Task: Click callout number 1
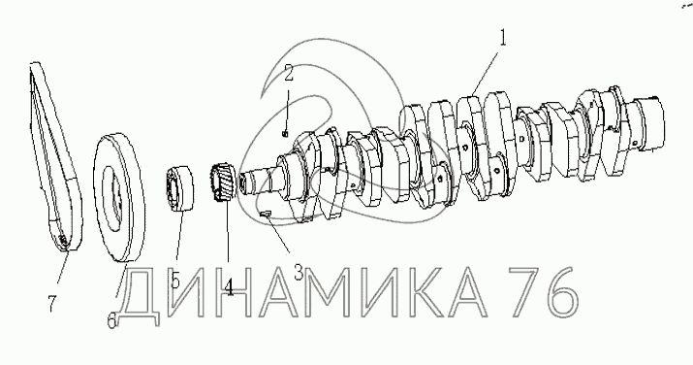pos(502,38)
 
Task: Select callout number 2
pos(288,74)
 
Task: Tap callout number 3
pos(299,273)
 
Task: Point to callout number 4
pos(229,287)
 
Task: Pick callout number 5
pos(175,281)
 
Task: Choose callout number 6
pos(111,320)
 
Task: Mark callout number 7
pos(52,304)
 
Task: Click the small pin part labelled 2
pos(286,132)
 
